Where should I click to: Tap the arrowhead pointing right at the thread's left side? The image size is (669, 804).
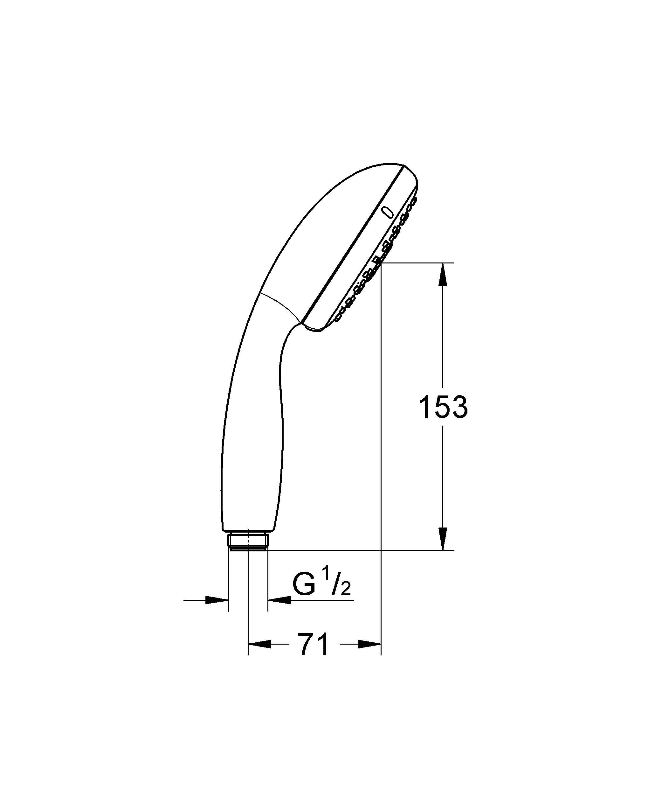(x=217, y=600)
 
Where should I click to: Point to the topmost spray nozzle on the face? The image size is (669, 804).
(x=413, y=199)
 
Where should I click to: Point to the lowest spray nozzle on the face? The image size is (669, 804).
(x=338, y=318)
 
